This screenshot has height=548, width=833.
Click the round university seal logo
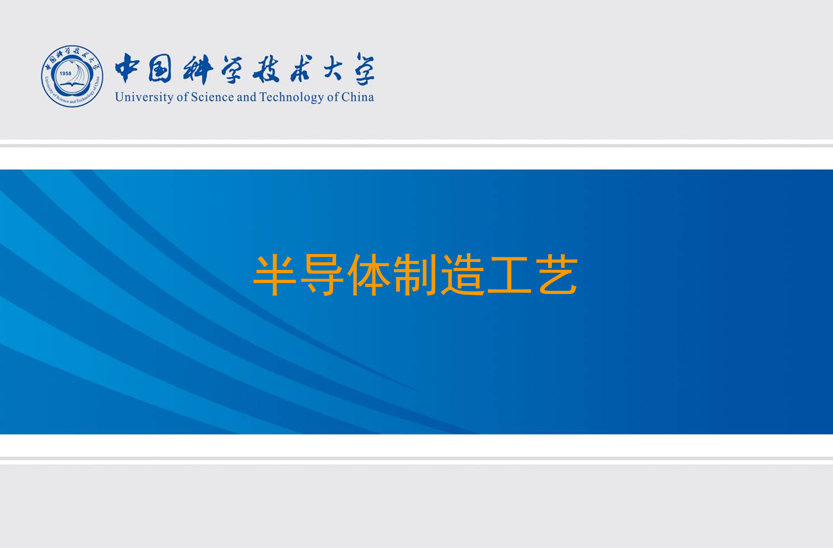[72, 76]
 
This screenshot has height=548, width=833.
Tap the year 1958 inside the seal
[66, 73]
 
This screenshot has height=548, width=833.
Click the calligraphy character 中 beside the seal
[127, 68]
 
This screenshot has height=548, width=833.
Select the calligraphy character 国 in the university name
[160, 68]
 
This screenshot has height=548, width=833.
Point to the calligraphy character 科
[198, 69]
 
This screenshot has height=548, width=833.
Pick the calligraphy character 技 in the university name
[266, 69]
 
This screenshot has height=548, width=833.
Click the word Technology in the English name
[291, 97]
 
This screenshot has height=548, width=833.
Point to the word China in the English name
[358, 97]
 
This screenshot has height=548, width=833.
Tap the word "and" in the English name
[247, 97]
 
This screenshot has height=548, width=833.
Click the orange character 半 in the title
[275, 275]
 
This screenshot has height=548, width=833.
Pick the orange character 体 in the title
[368, 275]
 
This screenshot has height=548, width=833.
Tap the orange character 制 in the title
[415, 275]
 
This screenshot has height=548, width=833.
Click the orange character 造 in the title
[462, 275]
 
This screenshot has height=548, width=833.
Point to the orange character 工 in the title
[509, 275]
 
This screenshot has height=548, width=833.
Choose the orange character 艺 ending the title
[557, 275]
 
